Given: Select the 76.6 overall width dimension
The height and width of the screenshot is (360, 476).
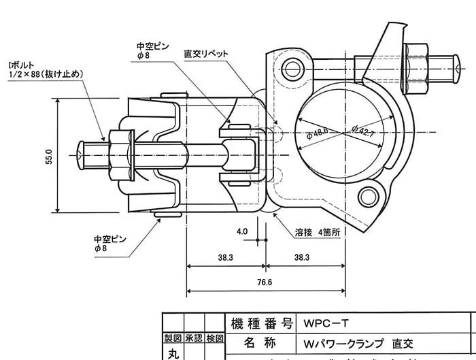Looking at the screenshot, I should (265, 282).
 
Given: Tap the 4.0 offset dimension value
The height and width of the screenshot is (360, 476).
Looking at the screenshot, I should (242, 231).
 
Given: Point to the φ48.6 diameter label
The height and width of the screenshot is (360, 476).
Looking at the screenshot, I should (318, 131).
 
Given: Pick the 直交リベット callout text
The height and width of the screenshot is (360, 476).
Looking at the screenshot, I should (206, 53).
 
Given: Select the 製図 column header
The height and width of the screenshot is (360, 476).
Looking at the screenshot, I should (171, 338).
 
